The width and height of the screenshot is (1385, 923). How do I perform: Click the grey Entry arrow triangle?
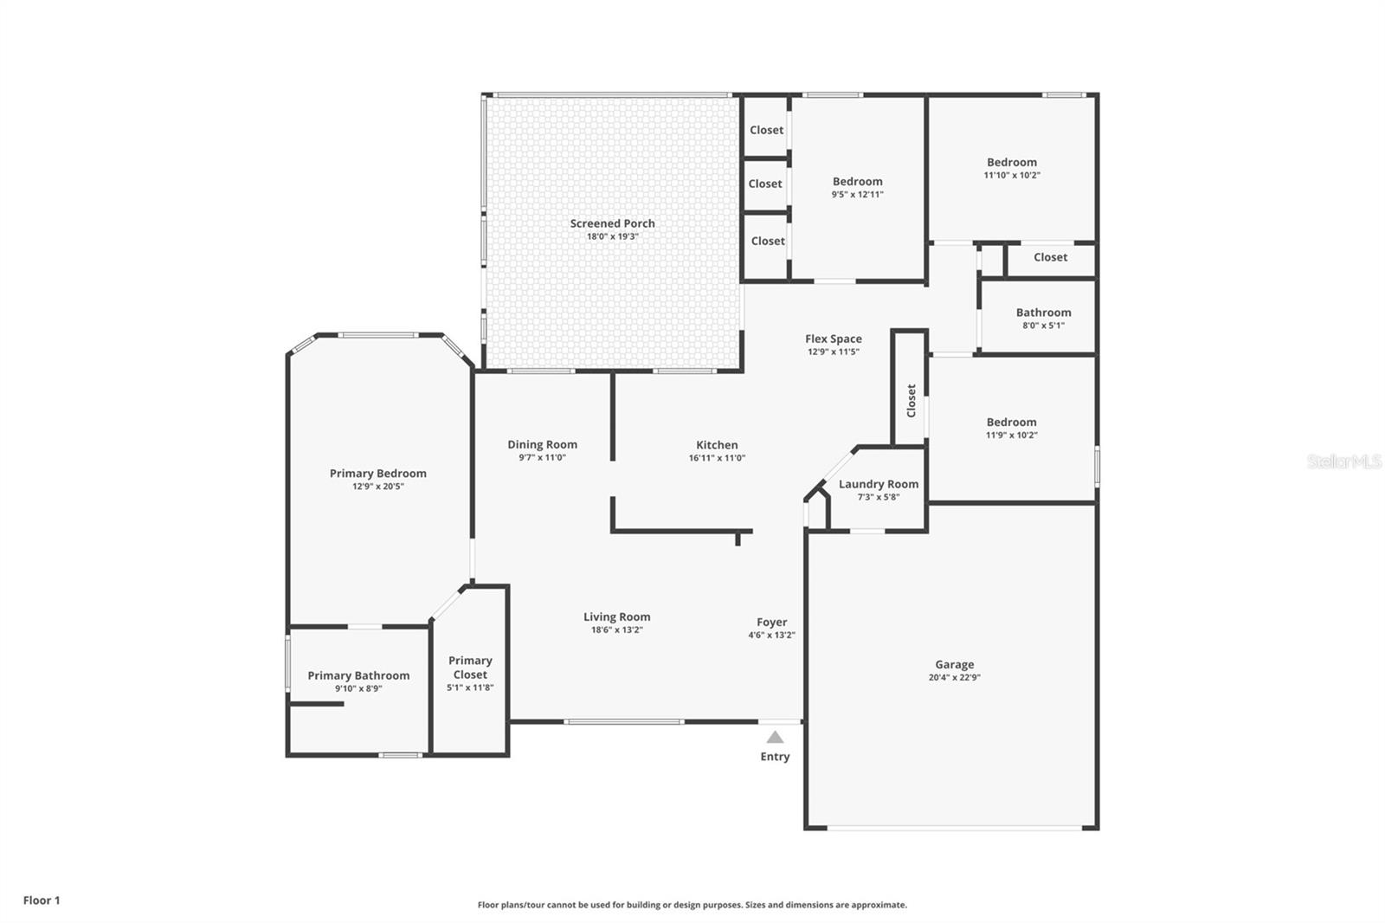(775, 737)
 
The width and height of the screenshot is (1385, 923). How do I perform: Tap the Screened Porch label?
(612, 223)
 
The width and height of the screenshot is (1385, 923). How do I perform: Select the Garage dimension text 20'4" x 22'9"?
(954, 678)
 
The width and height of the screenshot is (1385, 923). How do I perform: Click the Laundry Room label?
(878, 484)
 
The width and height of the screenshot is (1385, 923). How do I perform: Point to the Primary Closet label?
(470, 667)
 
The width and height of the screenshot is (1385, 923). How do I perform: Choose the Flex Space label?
(833, 339)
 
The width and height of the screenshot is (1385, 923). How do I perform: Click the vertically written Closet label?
(911, 401)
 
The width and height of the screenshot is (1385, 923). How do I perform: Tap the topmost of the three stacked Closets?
(766, 130)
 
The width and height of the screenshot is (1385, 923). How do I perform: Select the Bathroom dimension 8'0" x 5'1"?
(1043, 326)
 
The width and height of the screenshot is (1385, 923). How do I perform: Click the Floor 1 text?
(42, 900)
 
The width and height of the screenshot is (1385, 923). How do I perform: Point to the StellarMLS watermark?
(1343, 462)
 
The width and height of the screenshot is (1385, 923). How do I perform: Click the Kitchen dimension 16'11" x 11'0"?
(717, 458)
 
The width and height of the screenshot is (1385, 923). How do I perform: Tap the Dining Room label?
(542, 444)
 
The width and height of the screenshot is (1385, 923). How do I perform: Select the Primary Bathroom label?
(358, 675)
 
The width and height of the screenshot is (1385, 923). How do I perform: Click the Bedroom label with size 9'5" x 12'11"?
(857, 181)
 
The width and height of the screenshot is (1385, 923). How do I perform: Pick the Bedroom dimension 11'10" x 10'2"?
(1011, 175)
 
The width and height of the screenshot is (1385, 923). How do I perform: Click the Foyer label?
(771, 622)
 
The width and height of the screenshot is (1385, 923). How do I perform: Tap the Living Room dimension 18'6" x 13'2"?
(616, 630)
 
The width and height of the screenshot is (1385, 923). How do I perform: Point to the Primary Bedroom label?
(377, 473)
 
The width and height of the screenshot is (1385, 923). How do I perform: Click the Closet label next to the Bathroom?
(1050, 257)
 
